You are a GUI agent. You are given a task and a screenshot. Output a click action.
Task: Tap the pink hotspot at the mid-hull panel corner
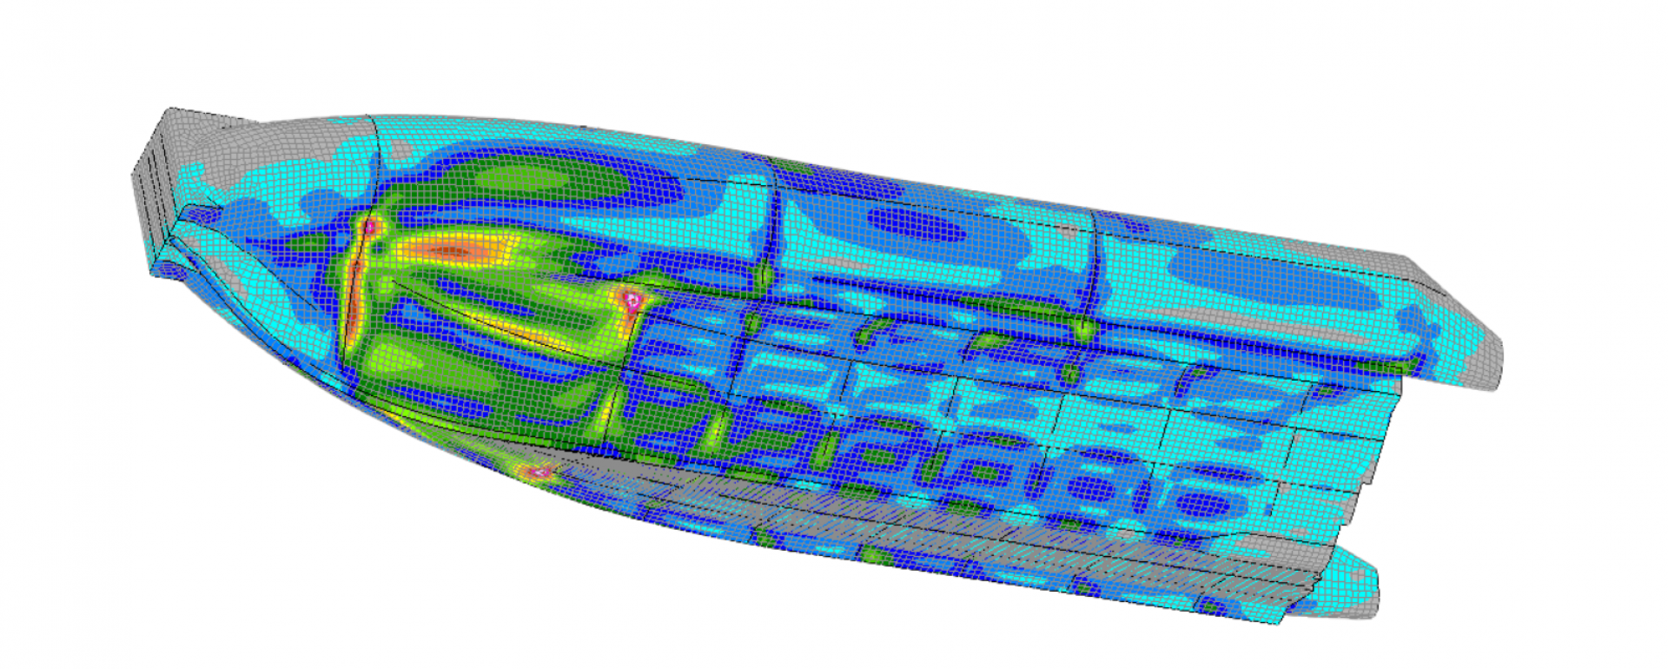point(633,301)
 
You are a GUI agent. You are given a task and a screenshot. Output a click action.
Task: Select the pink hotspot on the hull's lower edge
point(540,473)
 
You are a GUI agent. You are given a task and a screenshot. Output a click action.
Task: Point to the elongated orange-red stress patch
point(456,251)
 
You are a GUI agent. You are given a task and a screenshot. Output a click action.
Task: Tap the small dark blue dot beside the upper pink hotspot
point(382,244)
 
